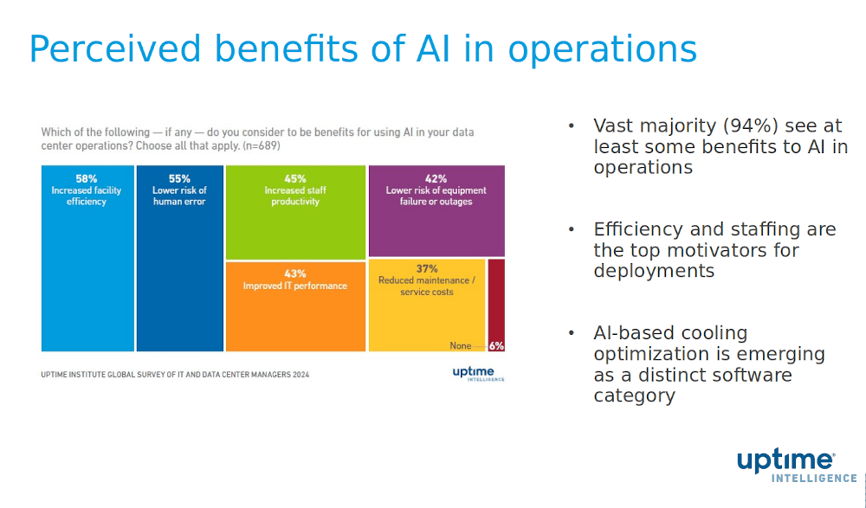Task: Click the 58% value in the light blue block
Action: click(x=87, y=178)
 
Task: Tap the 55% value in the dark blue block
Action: click(x=179, y=178)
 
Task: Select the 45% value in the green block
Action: click(x=294, y=178)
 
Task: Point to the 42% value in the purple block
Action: click(x=436, y=178)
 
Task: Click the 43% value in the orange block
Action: click(x=294, y=273)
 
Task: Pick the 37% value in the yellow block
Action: click(x=427, y=268)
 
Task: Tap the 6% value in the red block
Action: click(x=496, y=345)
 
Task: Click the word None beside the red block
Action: click(x=461, y=345)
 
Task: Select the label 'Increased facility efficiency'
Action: click(x=87, y=196)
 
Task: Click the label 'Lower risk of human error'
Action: click(x=179, y=196)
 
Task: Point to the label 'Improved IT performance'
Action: click(x=294, y=286)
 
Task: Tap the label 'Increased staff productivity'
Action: click(x=294, y=196)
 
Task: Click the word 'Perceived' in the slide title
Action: click(x=115, y=49)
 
